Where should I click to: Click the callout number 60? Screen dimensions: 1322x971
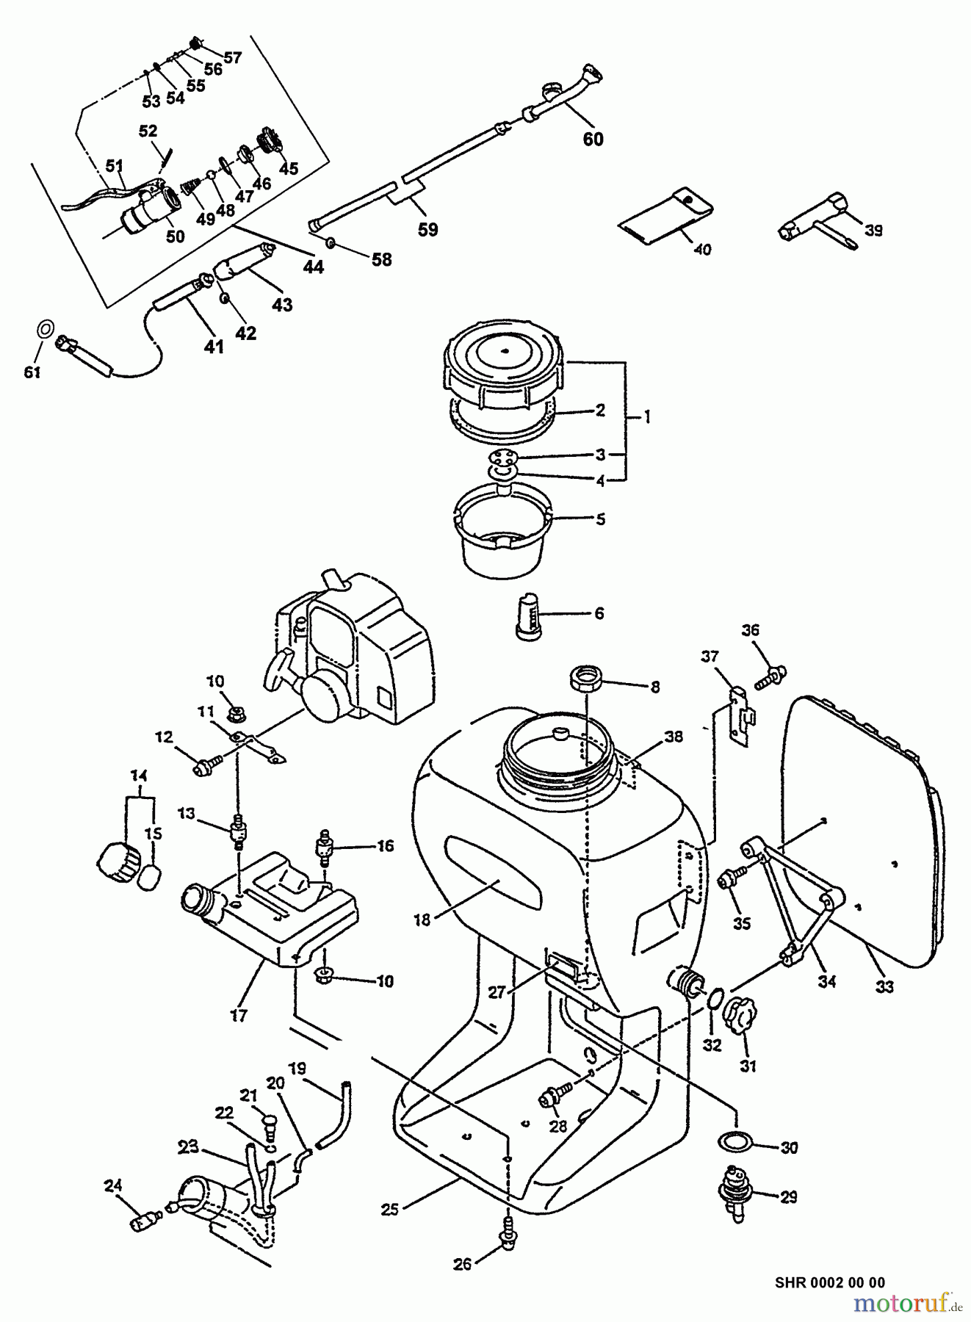click(593, 139)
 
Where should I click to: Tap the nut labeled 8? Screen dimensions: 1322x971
click(587, 675)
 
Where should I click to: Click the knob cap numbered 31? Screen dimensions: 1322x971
click(737, 1016)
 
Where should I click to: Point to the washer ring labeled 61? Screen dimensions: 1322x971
click(46, 327)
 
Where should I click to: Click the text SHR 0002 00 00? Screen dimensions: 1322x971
click(829, 1282)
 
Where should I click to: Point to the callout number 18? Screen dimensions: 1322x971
click(422, 919)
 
